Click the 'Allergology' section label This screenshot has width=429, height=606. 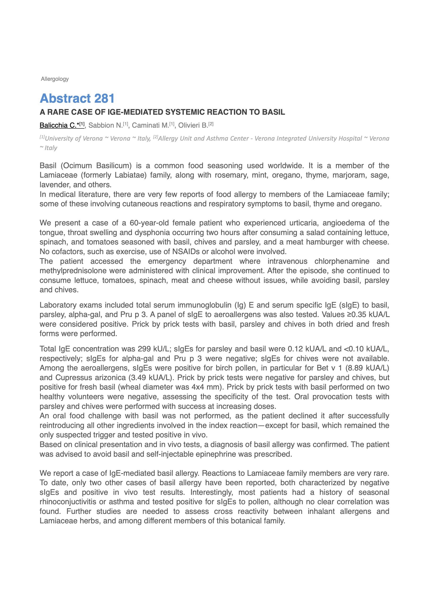click(x=55, y=79)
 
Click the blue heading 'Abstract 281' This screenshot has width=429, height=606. click(x=77, y=98)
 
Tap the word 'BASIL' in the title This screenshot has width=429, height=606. click(x=273, y=112)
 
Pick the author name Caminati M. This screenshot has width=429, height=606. click(x=150, y=125)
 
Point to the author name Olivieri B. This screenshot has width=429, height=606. click(x=193, y=125)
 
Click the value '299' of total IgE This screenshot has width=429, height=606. click(x=144, y=349)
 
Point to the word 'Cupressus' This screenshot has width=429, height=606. click(x=73, y=378)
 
